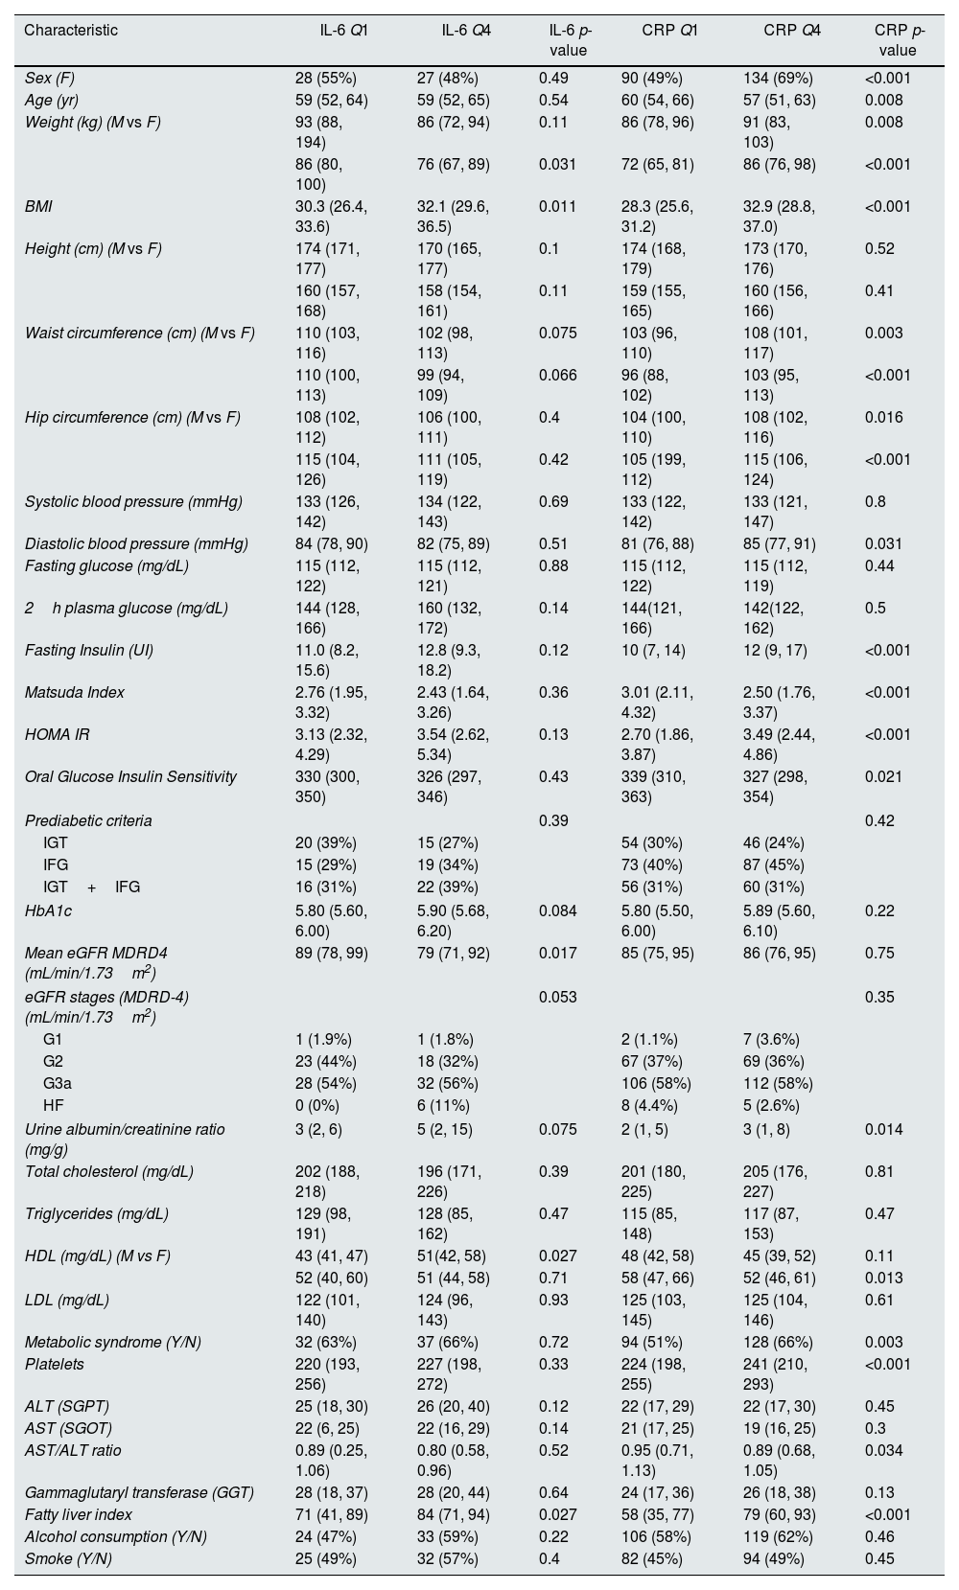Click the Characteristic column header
click(71, 31)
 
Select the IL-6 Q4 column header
click(466, 31)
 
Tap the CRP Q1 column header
click(669, 31)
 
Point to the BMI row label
click(37, 207)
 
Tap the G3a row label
click(56, 1084)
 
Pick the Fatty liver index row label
click(79, 1515)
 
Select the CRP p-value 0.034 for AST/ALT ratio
click(883, 1451)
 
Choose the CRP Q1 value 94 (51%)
click(652, 1343)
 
